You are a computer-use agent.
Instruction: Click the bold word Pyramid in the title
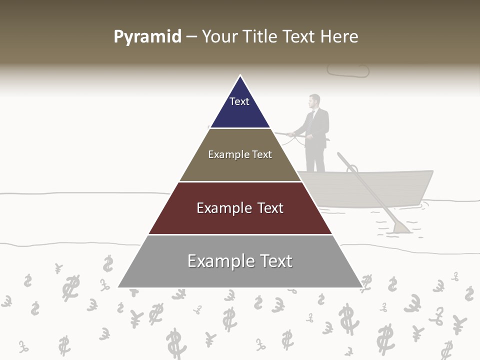click(147, 37)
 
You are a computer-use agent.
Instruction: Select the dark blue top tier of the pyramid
click(240, 107)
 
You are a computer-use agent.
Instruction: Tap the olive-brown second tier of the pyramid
click(240, 167)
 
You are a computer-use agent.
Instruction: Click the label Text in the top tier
click(239, 101)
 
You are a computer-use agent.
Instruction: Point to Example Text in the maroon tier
click(240, 208)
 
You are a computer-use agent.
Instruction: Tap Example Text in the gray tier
click(240, 261)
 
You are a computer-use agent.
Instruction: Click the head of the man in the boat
click(314, 101)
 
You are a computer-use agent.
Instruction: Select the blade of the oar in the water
click(401, 227)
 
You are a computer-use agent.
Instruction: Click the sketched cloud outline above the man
click(348, 70)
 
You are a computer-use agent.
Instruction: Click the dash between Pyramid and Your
click(191, 37)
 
